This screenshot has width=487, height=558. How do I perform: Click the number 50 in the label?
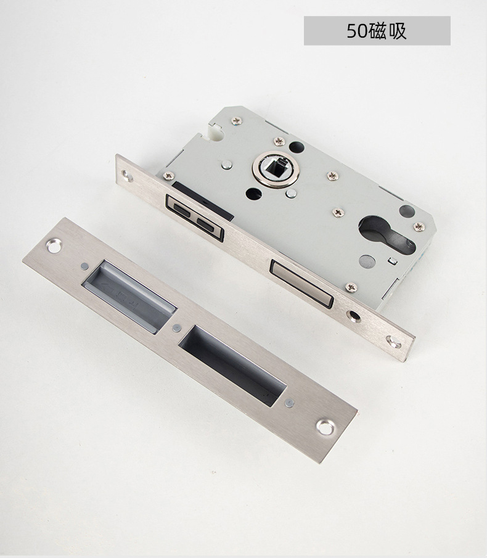click(x=357, y=31)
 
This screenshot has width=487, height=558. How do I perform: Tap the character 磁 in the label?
click(x=377, y=31)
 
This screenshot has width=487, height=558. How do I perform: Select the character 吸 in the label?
click(x=397, y=31)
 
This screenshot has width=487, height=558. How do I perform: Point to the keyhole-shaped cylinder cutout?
click(x=387, y=234)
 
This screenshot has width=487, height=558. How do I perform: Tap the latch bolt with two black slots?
click(x=195, y=218)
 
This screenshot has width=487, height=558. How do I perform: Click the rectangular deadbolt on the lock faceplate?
click(x=301, y=283)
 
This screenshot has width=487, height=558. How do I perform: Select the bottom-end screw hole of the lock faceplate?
click(x=394, y=343)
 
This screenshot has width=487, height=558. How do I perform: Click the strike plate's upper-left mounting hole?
click(x=54, y=246)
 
